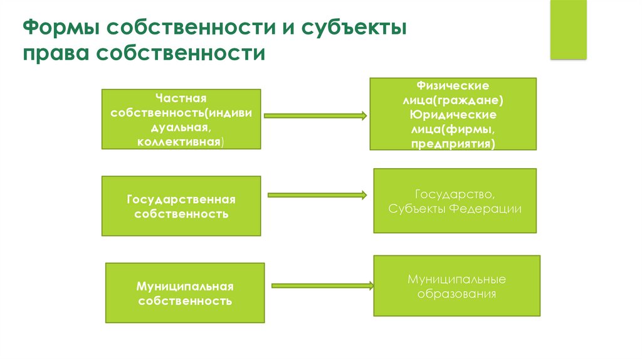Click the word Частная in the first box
[181, 98]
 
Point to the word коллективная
[181, 142]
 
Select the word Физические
[453, 85]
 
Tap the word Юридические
[453, 115]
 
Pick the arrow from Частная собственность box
[315, 115]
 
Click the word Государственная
[181, 199]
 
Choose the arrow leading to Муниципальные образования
[322, 286]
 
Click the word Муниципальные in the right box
[456, 278]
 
